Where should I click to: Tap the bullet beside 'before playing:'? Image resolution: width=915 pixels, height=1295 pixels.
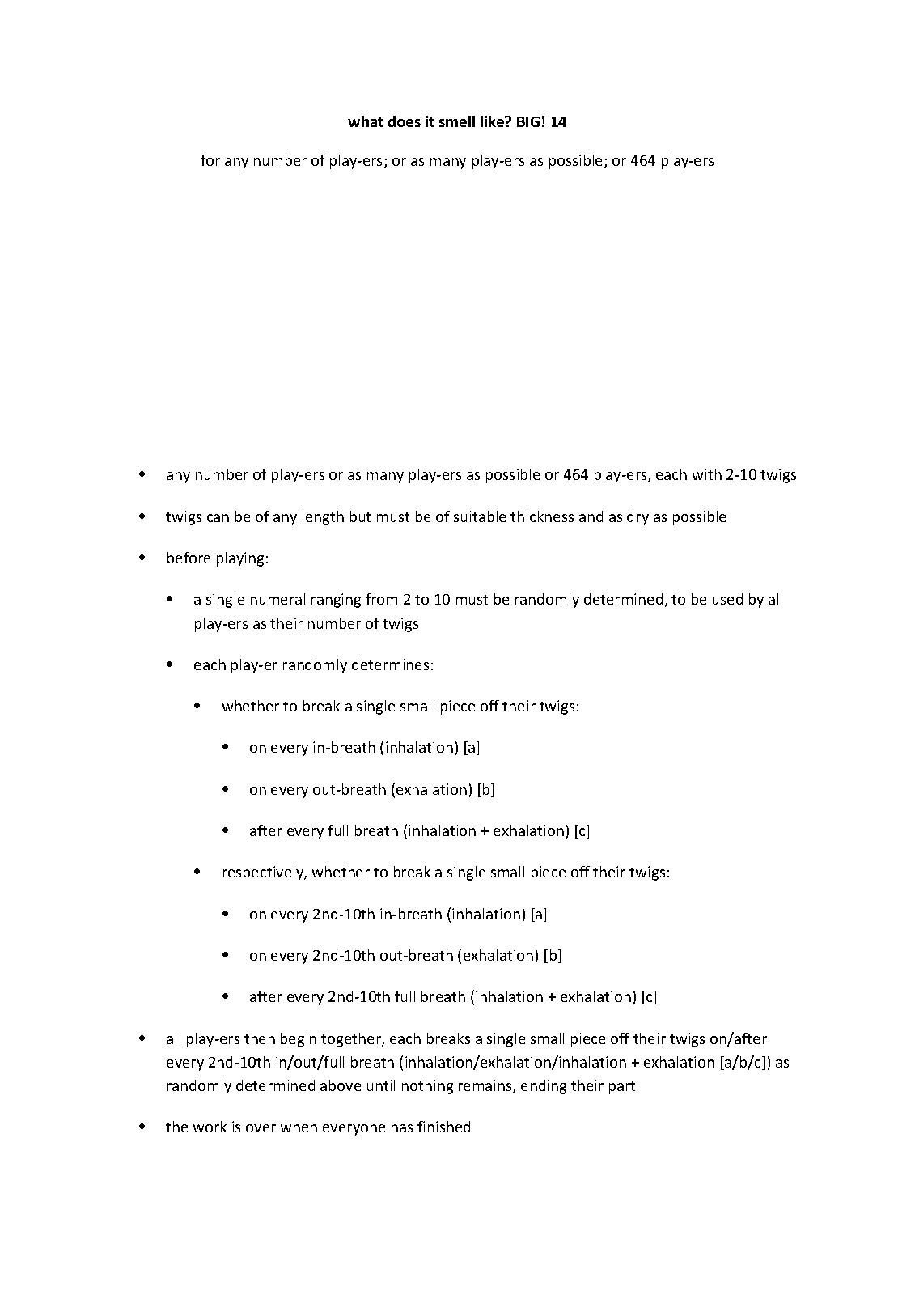point(143,558)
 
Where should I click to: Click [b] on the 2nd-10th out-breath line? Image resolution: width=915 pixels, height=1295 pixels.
point(553,956)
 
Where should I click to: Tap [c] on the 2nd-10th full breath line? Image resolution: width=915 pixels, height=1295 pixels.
point(648,997)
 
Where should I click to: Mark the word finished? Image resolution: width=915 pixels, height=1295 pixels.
point(444,1127)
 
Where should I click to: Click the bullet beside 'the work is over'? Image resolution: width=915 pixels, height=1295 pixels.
point(143,1127)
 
